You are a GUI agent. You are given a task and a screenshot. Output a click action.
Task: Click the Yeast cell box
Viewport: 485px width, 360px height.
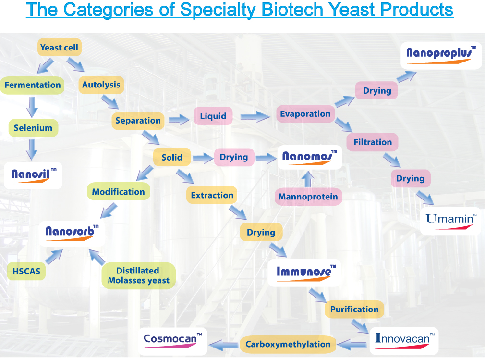click(60, 48)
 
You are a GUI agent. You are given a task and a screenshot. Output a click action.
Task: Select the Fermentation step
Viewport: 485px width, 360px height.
click(33, 85)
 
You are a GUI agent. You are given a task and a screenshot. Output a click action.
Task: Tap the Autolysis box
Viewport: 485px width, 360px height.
click(101, 85)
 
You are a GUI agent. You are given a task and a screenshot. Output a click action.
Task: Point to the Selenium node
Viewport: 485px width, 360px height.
click(33, 128)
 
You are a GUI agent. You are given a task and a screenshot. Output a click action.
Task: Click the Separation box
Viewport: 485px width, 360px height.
click(138, 121)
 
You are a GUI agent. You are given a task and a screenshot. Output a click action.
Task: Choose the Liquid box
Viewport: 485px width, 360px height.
click(213, 116)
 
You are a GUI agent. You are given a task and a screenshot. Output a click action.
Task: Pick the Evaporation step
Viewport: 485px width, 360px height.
click(305, 114)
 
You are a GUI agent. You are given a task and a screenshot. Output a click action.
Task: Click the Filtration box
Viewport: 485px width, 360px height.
click(373, 142)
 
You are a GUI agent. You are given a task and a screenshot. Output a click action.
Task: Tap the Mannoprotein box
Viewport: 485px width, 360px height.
click(308, 197)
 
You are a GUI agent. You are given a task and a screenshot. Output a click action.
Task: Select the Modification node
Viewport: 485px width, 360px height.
click(119, 192)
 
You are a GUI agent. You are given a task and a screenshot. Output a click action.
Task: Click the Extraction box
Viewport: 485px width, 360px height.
click(212, 195)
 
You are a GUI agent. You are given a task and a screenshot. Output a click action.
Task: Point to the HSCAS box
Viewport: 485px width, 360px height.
click(26, 272)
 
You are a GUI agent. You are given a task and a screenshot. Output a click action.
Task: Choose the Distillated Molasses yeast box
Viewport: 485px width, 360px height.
click(139, 275)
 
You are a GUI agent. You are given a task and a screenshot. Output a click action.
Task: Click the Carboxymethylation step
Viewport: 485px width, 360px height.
click(288, 344)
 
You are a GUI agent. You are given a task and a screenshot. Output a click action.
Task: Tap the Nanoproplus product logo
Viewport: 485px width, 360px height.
click(441, 55)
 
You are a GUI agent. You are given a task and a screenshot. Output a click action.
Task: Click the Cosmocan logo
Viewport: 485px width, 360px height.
click(173, 341)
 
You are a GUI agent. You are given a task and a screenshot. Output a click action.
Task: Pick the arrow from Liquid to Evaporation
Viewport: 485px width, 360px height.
click(255, 117)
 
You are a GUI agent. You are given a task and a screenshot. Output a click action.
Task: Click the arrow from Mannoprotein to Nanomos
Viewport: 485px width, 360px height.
click(307, 179)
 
